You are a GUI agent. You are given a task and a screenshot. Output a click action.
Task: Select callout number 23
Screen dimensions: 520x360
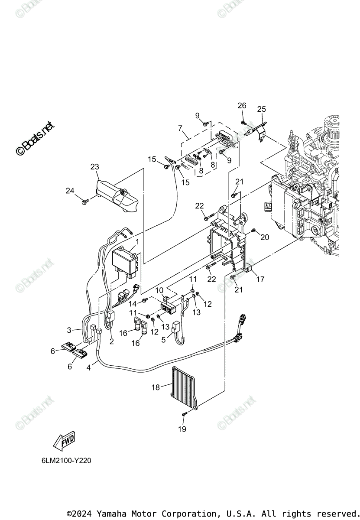pos(95,166)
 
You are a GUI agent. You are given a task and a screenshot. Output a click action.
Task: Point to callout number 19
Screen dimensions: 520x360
pos(182,429)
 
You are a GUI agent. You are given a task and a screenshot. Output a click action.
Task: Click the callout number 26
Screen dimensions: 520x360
pos(242,105)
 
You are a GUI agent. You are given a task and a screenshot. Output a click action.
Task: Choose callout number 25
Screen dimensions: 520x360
pos(261,109)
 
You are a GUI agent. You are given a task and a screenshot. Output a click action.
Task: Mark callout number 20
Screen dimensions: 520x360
pos(265,237)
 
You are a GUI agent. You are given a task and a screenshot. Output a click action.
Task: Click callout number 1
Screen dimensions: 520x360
pos(137,241)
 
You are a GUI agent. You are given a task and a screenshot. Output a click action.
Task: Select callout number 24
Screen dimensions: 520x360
pos(70,190)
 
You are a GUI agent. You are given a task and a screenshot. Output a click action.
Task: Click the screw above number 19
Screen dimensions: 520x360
pos(184,415)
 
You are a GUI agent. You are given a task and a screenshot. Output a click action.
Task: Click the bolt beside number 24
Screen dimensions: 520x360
pos(85,201)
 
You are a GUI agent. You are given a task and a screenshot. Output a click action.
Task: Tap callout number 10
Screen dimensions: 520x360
pos(159,289)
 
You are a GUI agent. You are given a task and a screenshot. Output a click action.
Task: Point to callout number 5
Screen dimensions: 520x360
pos(164,340)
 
